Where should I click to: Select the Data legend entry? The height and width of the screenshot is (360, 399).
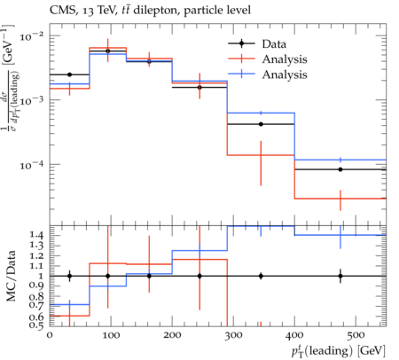click(257, 43)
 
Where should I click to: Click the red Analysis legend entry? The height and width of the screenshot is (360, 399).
click(268, 59)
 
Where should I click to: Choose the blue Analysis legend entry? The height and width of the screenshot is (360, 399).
click(268, 74)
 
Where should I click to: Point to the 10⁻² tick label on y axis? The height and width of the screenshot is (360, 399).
click(31, 36)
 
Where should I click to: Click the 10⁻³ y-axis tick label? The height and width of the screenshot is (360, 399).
click(31, 101)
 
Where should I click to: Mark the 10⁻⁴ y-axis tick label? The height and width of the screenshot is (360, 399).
click(31, 165)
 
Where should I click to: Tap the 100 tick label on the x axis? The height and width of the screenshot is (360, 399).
click(111, 335)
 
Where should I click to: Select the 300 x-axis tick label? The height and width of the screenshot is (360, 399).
click(233, 335)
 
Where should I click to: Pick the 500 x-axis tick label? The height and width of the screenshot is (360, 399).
click(356, 335)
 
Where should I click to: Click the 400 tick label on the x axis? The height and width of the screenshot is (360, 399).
click(294, 335)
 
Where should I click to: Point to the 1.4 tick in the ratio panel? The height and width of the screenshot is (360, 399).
click(36, 235)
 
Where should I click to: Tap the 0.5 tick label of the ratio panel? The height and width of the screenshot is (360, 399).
click(36, 325)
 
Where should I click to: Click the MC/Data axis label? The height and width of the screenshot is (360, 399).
click(11, 276)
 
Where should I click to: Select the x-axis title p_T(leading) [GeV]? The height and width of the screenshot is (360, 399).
click(339, 351)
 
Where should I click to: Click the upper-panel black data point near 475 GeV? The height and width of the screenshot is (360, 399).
click(340, 169)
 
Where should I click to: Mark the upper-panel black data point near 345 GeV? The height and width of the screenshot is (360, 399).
click(261, 124)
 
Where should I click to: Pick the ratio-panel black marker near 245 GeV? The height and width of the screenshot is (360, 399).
click(199, 276)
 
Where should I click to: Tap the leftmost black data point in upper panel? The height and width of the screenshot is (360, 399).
click(69, 74)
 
